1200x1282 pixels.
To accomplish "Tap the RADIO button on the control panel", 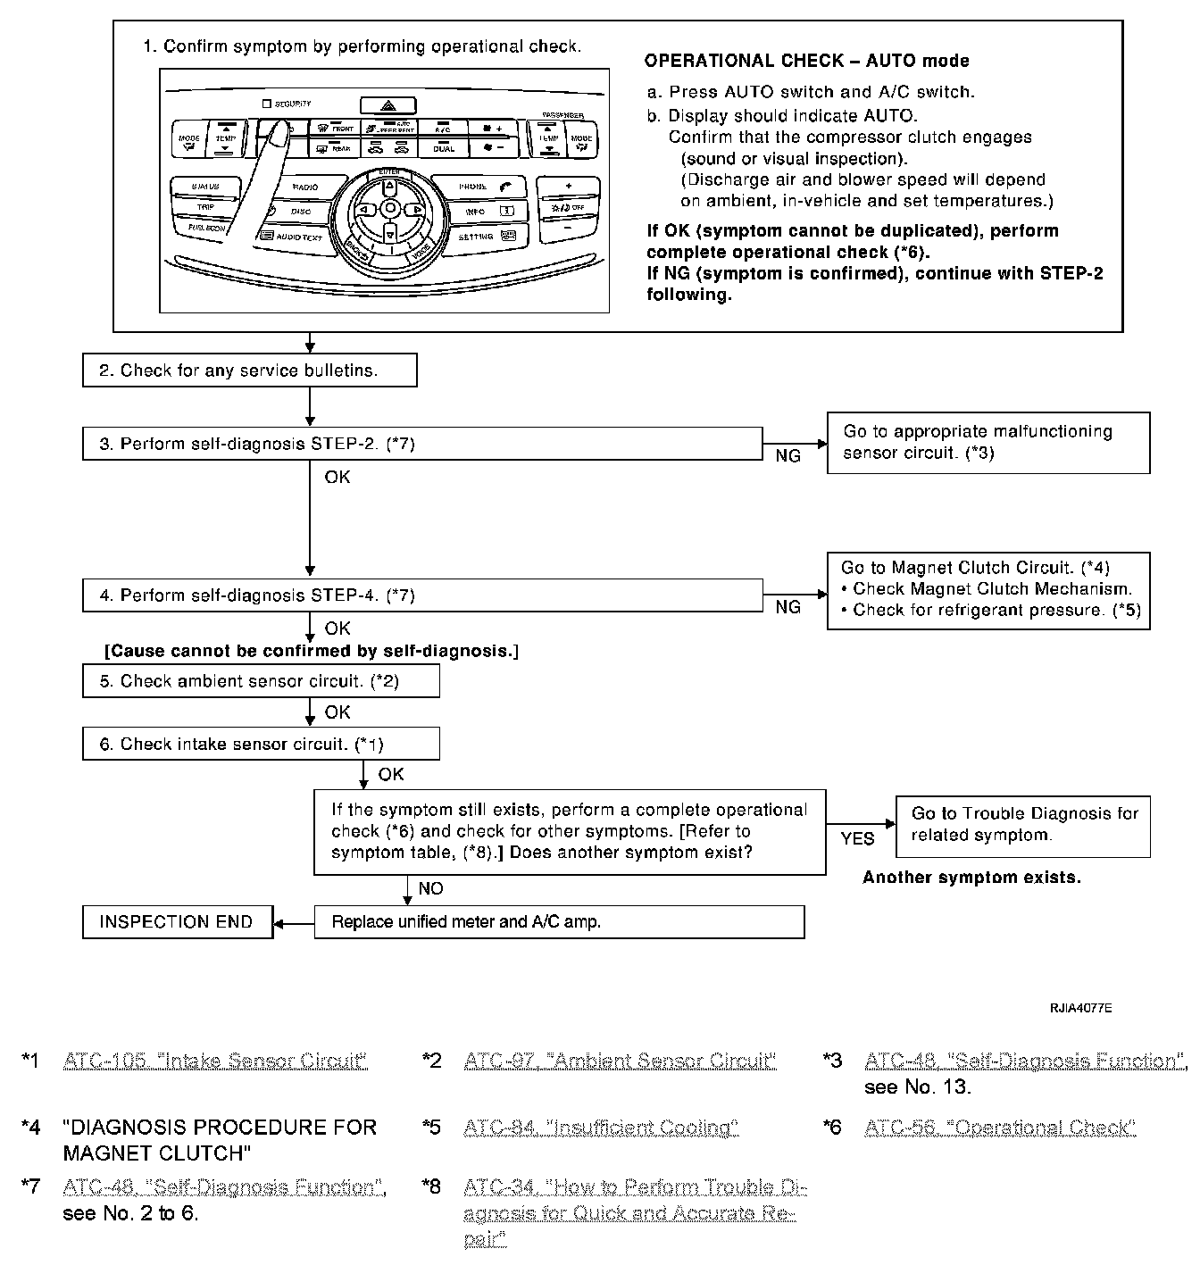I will pos(305,187).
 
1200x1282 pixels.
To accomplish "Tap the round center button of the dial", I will pos(390,208).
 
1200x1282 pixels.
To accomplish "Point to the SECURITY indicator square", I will pos(266,104).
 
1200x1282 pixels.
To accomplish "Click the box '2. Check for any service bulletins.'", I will pos(249,370).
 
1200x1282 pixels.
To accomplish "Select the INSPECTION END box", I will pos(177,922).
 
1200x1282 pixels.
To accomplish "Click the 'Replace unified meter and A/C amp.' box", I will pos(559,922).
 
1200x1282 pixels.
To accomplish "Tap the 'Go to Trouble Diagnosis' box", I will pos(1023,825).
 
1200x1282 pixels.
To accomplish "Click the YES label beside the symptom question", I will pos(858,839).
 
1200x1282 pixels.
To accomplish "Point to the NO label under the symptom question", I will pos(430,889).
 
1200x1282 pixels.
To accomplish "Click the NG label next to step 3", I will pos(787,456).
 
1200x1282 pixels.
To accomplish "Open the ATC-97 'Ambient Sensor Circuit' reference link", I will pos(620,1061).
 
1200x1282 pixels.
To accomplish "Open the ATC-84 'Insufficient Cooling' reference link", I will pos(601,1128).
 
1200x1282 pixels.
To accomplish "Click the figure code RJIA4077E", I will pos(1080,1009).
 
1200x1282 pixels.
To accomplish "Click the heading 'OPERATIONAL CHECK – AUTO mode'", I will pos(806,61).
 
